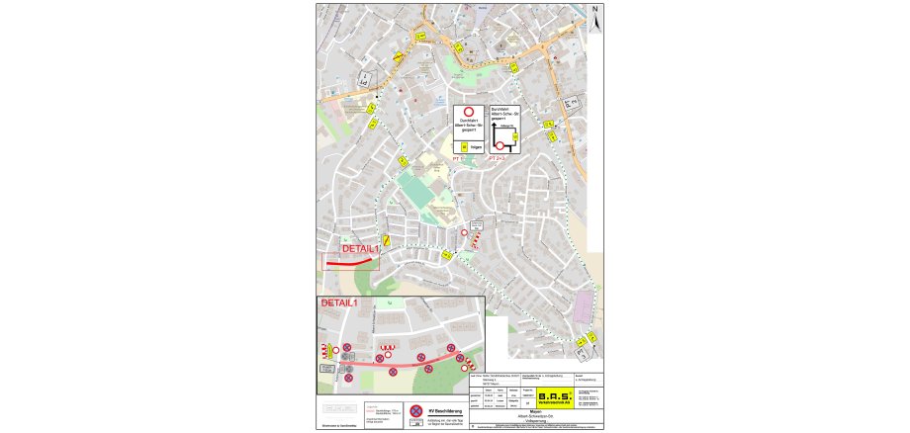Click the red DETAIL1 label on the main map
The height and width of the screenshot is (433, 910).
click(360, 250)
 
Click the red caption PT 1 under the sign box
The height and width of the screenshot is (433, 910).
click(458, 157)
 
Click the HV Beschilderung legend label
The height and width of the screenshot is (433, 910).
click(444, 406)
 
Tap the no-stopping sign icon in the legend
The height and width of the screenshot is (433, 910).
click(416, 411)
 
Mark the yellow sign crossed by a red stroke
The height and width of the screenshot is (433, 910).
click(387, 240)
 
